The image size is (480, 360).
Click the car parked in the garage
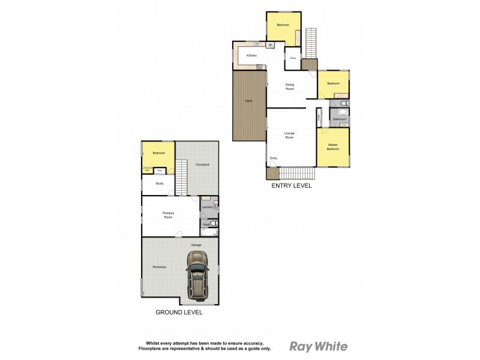(x=198, y=274)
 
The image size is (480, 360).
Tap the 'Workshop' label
(x=158, y=266)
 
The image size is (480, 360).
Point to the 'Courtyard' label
(x=202, y=164)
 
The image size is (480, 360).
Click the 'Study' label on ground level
(x=159, y=184)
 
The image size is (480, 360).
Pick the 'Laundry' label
(x=207, y=207)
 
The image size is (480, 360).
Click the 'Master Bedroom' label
(x=333, y=146)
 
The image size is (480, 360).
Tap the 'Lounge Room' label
(x=289, y=136)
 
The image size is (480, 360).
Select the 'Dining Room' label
(x=290, y=86)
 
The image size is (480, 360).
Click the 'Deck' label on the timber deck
(x=248, y=101)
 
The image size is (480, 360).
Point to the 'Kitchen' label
(x=251, y=56)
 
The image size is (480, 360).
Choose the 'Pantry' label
(x=293, y=58)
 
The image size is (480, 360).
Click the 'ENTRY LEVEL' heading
(x=292, y=186)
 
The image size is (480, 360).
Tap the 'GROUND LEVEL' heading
(x=179, y=312)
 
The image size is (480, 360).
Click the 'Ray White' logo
(x=319, y=346)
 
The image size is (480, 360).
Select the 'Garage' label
(x=196, y=245)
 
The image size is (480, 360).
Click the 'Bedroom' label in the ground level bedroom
(x=158, y=154)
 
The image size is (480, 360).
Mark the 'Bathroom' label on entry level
(x=340, y=119)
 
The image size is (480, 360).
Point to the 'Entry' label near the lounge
(x=274, y=158)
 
